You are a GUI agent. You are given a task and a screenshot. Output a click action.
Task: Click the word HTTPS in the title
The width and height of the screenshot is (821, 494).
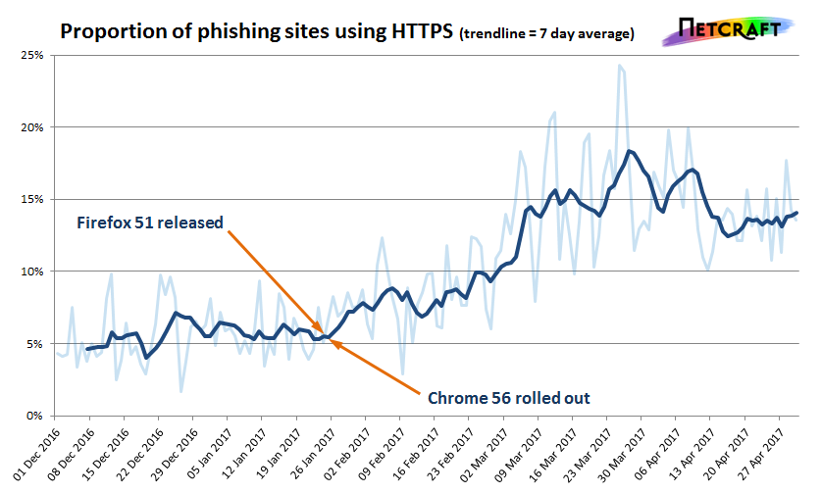coord(423,31)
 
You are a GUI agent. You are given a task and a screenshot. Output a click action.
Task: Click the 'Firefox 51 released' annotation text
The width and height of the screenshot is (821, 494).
coord(150,222)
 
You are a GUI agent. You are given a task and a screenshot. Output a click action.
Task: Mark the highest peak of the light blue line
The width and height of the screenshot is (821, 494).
coord(620,66)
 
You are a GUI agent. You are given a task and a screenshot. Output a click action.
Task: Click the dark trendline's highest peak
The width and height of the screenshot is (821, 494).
coord(630,151)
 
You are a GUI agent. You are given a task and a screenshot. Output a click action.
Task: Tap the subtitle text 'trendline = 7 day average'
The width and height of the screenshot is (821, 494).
coord(547,33)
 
